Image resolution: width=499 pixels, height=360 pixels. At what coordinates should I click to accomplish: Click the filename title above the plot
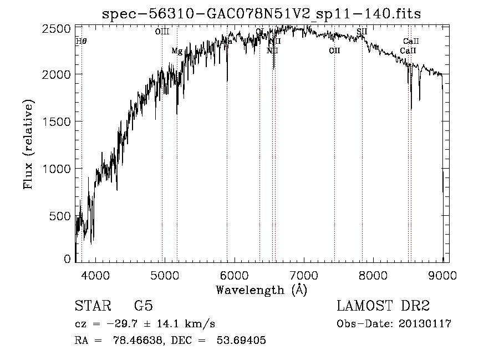[262, 13]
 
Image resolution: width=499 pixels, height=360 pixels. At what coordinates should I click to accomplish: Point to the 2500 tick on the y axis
[58, 28]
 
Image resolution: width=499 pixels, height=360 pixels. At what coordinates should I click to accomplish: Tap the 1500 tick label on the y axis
[58, 121]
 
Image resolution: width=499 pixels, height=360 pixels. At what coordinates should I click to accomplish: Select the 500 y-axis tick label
[62, 216]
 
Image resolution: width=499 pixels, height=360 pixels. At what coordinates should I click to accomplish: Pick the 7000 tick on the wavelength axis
[304, 275]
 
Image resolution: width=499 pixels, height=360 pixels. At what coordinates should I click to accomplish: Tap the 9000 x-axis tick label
[443, 275]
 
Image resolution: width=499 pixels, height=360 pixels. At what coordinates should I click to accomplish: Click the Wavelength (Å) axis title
[261, 290]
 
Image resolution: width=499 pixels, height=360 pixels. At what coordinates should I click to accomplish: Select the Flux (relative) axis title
[28, 145]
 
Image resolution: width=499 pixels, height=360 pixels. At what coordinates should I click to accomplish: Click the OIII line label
[162, 32]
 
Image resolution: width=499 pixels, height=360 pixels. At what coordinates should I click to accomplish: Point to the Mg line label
[177, 51]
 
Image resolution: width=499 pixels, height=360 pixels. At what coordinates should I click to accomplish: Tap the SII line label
[362, 32]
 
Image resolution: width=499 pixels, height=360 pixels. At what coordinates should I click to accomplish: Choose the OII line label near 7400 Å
[334, 51]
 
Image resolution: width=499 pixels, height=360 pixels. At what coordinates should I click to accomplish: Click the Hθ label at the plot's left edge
[82, 41]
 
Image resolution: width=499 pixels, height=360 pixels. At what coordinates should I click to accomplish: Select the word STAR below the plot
[91, 306]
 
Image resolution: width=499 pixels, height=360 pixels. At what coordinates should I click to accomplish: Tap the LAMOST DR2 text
[383, 306]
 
